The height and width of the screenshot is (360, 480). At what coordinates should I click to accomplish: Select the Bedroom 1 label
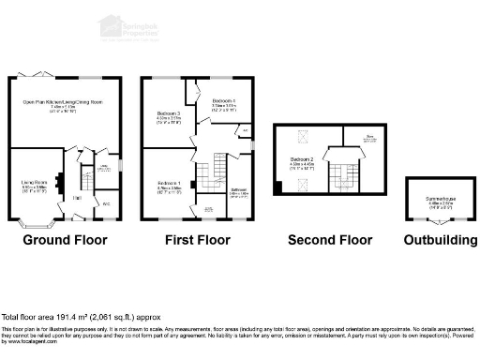pyautogui.click(x=169, y=185)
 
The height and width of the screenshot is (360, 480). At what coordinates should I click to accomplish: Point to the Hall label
pyautogui.click(x=78, y=199)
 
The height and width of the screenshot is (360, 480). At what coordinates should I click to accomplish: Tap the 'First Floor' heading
pyautogui.click(x=199, y=240)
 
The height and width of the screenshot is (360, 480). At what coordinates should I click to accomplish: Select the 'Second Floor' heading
pyautogui.click(x=330, y=240)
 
